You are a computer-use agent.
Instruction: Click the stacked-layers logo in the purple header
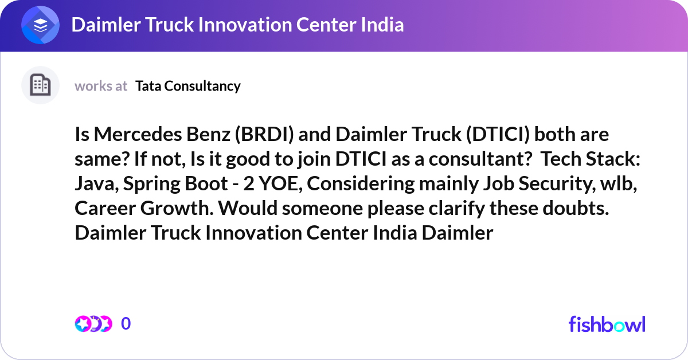[41, 26]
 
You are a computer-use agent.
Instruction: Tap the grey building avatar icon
[40, 85]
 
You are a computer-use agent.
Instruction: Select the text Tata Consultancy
[188, 86]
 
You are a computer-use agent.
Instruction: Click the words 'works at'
[101, 86]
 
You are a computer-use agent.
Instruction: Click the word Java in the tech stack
[93, 184]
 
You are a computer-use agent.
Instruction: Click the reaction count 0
[126, 324]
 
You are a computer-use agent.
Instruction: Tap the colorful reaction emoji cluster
[93, 324]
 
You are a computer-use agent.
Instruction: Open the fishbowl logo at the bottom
[607, 324]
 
